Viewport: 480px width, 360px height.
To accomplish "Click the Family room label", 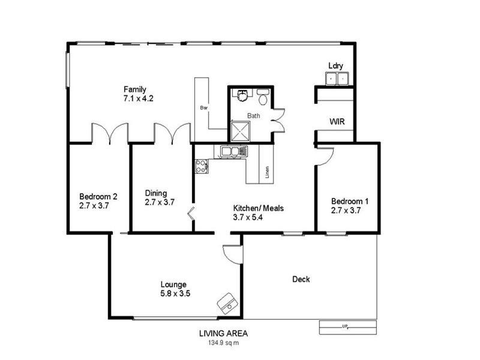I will point(135,90).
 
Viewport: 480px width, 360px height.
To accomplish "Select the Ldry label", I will point(335,66).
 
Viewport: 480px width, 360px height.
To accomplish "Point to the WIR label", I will point(337,122).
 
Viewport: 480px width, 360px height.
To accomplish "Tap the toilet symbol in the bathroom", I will point(263,97).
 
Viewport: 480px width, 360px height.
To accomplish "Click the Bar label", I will point(203,108).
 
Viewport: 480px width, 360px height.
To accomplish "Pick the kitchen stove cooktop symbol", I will point(201,166).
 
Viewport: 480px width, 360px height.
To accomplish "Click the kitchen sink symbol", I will point(233,151).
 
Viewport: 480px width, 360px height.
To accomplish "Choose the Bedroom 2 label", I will point(98,196).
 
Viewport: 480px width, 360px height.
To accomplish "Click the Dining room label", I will point(156,193).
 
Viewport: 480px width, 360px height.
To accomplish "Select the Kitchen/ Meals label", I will point(258,209).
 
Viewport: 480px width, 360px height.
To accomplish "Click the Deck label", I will point(301,279).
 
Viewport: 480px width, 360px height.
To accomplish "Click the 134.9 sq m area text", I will point(223,343).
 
